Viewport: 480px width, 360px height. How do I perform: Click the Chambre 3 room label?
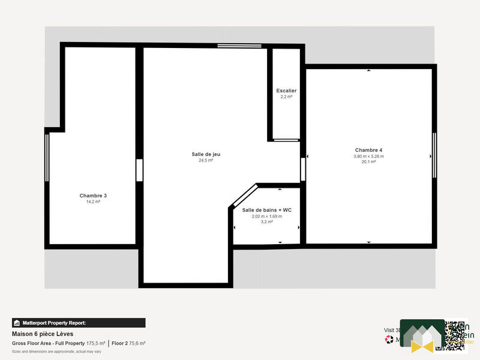93,196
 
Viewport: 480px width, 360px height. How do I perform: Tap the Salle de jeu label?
206,154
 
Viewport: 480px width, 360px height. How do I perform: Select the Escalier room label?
286,91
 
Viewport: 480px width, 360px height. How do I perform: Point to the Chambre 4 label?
368,150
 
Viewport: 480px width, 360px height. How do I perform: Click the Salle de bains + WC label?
266,210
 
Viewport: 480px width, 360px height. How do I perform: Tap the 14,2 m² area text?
93,202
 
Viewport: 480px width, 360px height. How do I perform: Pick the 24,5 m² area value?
206,161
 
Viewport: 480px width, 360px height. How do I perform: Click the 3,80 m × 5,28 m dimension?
368,156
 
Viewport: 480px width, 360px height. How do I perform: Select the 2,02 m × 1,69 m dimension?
266,216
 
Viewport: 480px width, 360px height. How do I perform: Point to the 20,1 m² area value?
368,162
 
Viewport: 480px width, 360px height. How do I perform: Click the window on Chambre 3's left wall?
47,153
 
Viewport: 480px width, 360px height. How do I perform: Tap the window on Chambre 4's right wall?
434,155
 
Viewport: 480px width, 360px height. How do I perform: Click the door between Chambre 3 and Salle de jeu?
139,170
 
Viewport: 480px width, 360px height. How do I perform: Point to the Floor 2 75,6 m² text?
129,343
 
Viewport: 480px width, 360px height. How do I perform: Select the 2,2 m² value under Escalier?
286,97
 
